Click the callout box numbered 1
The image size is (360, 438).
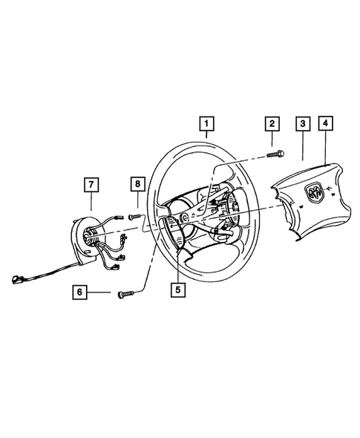pos(207,124)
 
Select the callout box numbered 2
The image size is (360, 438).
pos(272,124)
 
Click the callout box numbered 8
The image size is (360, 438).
pos(137,183)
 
